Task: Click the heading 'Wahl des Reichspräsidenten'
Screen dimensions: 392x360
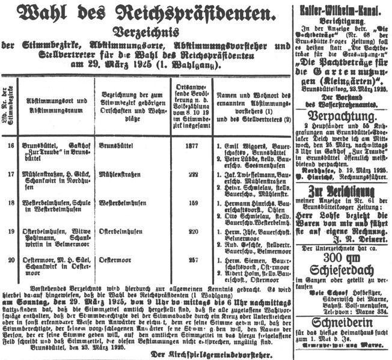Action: click(x=149, y=13)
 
